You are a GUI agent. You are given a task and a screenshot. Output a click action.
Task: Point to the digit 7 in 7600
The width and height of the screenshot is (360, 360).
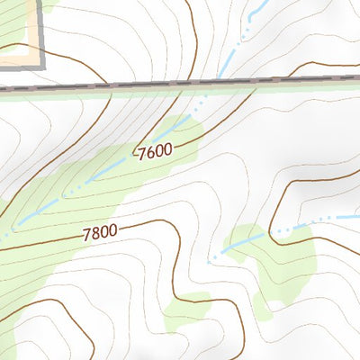coord(142,155)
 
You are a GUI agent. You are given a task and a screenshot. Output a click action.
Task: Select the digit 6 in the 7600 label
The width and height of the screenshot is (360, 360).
coord(149,153)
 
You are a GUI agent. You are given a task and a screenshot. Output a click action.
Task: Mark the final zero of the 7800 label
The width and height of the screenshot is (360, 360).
coord(112,229)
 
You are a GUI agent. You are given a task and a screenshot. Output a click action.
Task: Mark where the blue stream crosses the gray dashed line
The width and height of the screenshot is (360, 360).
coord(219,82)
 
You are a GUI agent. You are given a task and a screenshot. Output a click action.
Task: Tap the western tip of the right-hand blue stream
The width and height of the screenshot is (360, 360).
coord(210,262)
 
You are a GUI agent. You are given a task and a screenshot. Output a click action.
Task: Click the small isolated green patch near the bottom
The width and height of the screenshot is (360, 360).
coord(186,308)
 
